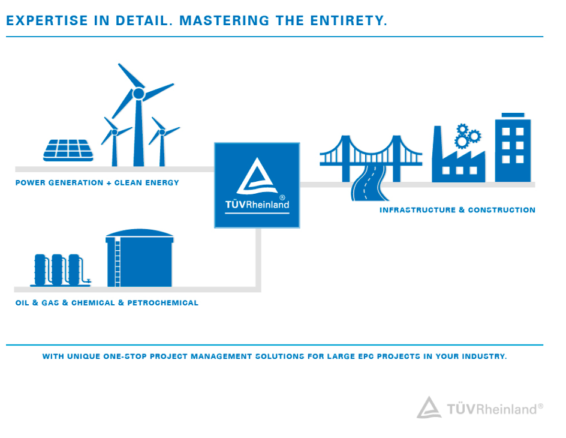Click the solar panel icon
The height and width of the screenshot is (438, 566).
point(68,150)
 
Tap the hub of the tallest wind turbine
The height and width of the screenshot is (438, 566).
point(139,94)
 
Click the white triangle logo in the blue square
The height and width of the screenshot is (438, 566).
point(257,176)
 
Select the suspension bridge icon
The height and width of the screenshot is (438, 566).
point(371,158)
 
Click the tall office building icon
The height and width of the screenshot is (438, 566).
point(513,148)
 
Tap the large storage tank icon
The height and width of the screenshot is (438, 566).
point(139,258)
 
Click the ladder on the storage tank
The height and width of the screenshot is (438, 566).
point(118,263)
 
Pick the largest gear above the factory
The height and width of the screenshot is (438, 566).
point(462,142)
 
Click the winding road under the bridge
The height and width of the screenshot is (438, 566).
point(369,183)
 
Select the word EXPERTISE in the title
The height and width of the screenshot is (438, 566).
point(47,20)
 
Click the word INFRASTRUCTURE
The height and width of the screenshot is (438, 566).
point(417,210)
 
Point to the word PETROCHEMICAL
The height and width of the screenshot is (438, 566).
point(163,303)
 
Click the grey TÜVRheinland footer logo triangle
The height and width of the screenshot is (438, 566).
point(429,407)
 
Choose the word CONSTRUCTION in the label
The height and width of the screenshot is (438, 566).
point(502,210)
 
